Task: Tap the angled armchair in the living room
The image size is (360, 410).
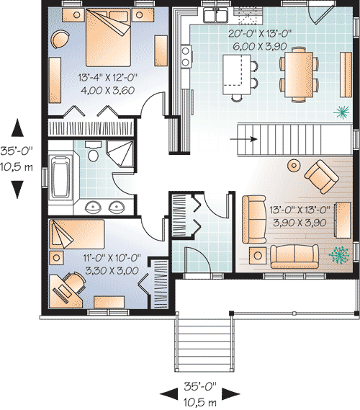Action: point(319,174)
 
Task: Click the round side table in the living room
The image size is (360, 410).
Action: point(294,165)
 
